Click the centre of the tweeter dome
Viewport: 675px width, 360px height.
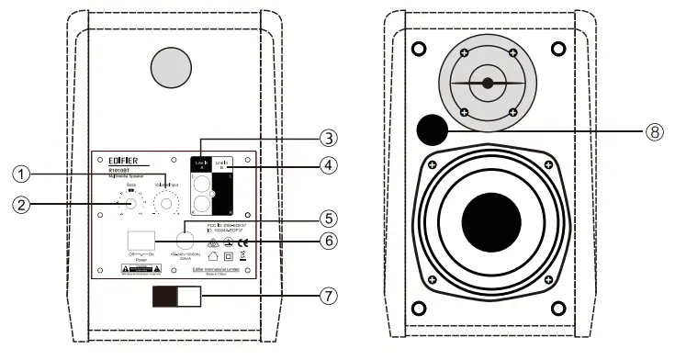(x=488, y=84)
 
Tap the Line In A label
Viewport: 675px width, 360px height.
(x=202, y=162)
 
